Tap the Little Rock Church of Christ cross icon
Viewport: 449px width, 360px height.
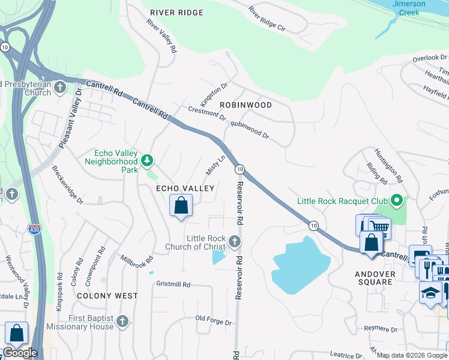pos(235,242)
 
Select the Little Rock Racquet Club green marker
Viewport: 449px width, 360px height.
pos(396,200)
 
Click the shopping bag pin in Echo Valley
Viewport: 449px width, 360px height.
pos(181,206)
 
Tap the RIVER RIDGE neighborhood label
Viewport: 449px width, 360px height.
pos(176,13)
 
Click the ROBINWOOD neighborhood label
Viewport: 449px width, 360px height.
pos(246,105)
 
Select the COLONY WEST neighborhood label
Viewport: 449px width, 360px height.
pos(107,296)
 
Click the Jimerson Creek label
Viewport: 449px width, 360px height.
pos(409,8)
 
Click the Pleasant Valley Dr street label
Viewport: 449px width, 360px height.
pos(70,119)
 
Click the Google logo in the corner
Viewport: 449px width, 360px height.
pos(20,353)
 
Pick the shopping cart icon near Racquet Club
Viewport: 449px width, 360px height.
pos(378,227)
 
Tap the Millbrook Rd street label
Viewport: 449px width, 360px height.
pos(137,262)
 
